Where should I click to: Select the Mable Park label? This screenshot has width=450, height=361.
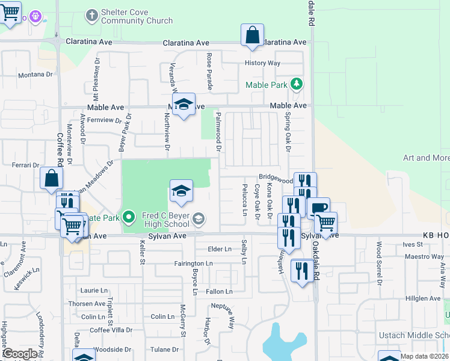[267, 85]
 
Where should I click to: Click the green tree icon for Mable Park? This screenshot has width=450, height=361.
[296, 84]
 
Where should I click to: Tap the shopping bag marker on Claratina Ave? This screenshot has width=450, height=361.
[253, 35]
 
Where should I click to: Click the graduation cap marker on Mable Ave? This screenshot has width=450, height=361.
[183, 104]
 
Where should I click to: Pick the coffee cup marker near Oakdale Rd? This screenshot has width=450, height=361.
[318, 208]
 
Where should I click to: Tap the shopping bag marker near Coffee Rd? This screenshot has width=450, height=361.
[52, 179]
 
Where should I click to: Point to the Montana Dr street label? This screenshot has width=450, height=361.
[35, 75]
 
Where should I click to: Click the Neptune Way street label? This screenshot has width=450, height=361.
[230, 315]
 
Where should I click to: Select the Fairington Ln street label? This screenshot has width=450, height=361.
[193, 264]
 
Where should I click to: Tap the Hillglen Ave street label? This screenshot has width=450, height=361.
[424, 298]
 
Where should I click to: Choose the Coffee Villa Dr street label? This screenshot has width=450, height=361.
[111, 330]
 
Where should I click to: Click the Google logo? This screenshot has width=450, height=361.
[20, 354]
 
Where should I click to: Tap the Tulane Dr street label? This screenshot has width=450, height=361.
[165, 349]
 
